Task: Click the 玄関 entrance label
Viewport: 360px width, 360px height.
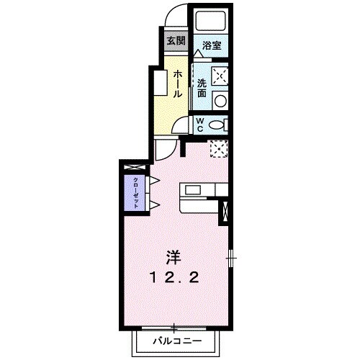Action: pyautogui.click(x=176, y=40)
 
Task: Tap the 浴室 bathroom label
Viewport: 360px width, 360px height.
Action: pyautogui.click(x=211, y=45)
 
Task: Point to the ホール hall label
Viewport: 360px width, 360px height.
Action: pyautogui.click(x=176, y=84)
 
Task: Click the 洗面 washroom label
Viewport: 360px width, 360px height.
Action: pyautogui.click(x=202, y=87)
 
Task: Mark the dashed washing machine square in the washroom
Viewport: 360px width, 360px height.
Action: pyautogui.click(x=220, y=75)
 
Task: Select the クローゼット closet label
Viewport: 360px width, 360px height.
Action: pyautogui.click(x=134, y=192)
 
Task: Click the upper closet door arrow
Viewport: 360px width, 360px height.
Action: pyautogui.click(x=154, y=179)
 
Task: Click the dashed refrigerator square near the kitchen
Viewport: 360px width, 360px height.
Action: pyautogui.click(x=219, y=148)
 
